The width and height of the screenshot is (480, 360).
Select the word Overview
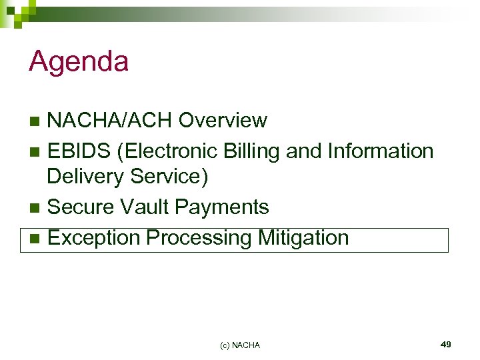coord(223,121)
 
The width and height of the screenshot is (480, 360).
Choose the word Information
coord(381,151)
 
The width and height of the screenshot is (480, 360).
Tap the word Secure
coord(81,207)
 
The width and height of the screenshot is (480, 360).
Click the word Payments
coord(222,207)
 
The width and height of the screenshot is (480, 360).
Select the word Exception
coord(95,237)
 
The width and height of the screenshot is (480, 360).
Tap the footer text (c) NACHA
coord(240,345)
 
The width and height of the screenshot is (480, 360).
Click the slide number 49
coord(446,344)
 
